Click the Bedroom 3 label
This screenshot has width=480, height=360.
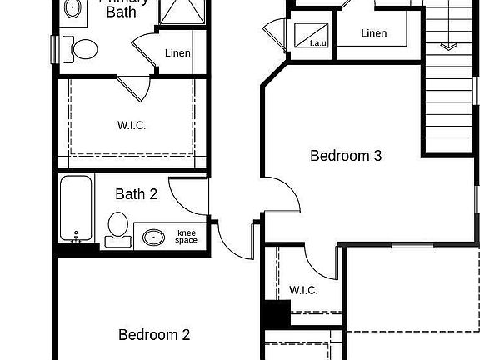[x=346, y=156]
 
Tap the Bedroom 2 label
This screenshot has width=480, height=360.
[x=154, y=335]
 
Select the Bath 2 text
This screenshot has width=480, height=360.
[x=136, y=195]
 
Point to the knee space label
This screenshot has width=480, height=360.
[x=187, y=236]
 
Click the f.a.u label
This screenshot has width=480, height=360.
[x=317, y=43]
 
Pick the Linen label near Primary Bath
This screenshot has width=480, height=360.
[x=177, y=53]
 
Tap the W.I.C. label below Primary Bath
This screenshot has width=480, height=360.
[x=132, y=126]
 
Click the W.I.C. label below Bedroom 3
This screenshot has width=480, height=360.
[x=303, y=290]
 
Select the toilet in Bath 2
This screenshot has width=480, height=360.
[x=117, y=227]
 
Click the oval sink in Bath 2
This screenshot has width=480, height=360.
[x=153, y=237]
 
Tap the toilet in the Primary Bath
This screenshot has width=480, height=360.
[x=83, y=50]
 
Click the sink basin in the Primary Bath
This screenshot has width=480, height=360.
[x=72, y=8]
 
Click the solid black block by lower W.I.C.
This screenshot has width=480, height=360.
[x=275, y=314]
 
